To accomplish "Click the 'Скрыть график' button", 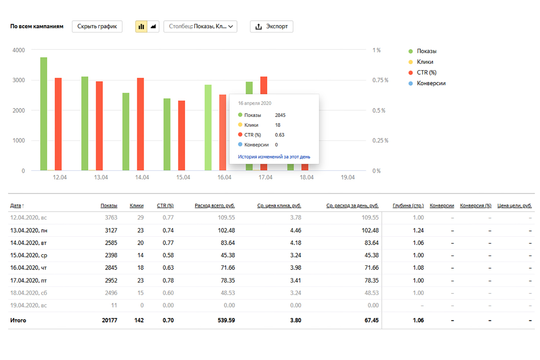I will pyautogui.click(x=97, y=26).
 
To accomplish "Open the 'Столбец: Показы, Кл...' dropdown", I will pyautogui.click(x=200, y=26).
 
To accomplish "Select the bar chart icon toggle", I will pyautogui.click(x=141, y=26).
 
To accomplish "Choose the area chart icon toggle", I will pyautogui.click(x=153, y=26).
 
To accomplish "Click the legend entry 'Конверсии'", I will pyautogui.click(x=431, y=83).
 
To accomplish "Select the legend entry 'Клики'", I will pyautogui.click(x=425, y=62).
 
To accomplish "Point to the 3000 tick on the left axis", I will pyautogui.click(x=19, y=80).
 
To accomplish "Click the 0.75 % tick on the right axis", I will pyautogui.click(x=380, y=80).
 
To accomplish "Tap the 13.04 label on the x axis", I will pyautogui.click(x=101, y=177).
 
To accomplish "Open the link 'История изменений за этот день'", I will pyautogui.click(x=274, y=157).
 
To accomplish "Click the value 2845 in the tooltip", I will pyautogui.click(x=280, y=115).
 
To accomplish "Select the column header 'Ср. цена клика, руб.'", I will pyautogui.click(x=279, y=206).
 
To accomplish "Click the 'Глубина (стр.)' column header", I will pyautogui.click(x=408, y=206).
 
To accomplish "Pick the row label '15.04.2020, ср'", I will pyautogui.click(x=29, y=255).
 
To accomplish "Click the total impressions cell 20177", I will pyautogui.click(x=109, y=320).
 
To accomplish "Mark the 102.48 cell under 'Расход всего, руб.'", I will pyautogui.click(x=226, y=230).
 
